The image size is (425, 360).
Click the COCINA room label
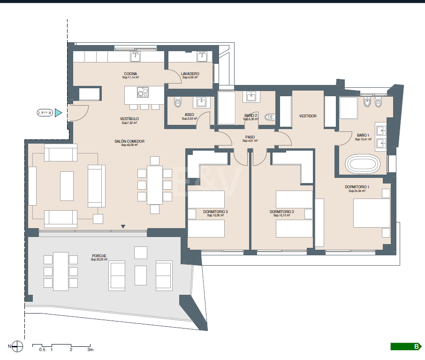[130, 74]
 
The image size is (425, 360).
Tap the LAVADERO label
[190, 74]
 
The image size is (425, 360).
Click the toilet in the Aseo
[177, 101]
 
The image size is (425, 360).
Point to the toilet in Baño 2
[268, 117]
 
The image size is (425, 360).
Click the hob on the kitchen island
[143, 92]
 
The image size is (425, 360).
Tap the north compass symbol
[17, 347]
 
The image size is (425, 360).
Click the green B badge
[405, 347]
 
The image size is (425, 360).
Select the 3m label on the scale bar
[90, 350]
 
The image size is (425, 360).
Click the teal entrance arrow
[58, 113]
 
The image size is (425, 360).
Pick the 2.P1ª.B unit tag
[45, 113]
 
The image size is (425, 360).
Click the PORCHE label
[99, 256]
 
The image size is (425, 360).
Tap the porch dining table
[61, 270]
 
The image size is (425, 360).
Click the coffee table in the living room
[67, 186]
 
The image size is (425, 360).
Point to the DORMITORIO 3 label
[216, 212]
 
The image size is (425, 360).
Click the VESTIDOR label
[308, 116]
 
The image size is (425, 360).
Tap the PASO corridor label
[250, 137]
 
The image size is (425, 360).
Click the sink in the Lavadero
[202, 57]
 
